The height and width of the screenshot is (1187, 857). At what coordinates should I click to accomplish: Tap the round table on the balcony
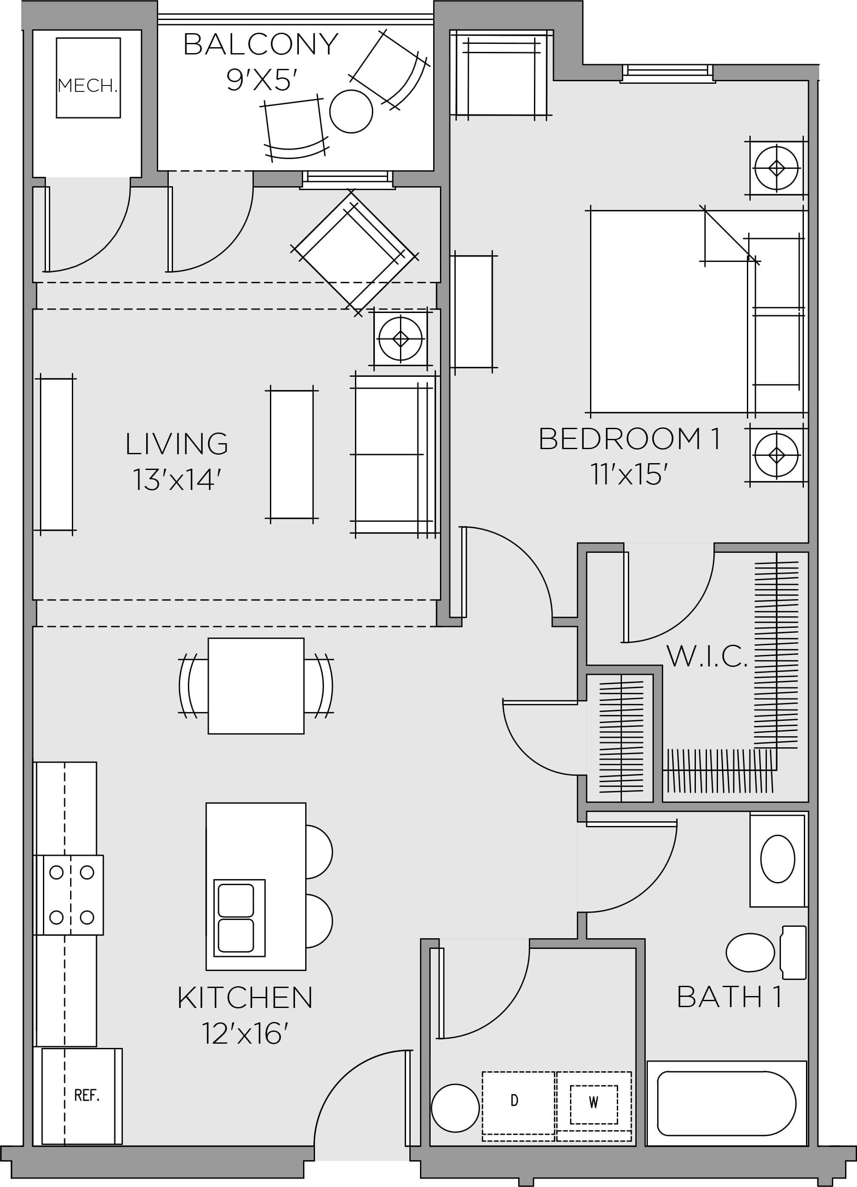pyautogui.click(x=351, y=111)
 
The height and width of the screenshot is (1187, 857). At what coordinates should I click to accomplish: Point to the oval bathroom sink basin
pyautogui.click(x=777, y=859)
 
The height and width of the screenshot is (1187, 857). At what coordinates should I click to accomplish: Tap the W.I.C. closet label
pyautogui.click(x=707, y=657)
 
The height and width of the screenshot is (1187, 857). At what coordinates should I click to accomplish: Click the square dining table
pyautogui.click(x=256, y=686)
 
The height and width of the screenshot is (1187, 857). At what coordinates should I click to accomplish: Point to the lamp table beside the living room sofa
pyautogui.click(x=400, y=339)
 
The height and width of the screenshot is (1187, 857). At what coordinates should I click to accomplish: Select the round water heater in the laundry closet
pyautogui.click(x=455, y=1107)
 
